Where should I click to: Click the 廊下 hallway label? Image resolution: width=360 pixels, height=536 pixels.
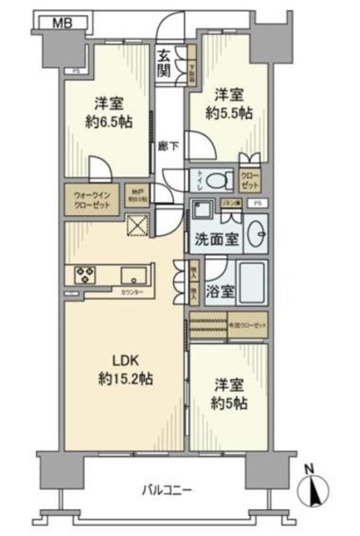[167, 146]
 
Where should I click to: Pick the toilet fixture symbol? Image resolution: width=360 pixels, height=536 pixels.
[220, 178]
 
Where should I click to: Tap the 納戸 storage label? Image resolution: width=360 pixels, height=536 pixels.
[137, 202]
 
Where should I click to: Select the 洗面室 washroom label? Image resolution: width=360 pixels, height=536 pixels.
[219, 238]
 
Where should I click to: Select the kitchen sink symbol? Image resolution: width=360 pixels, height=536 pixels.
[132, 274]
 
